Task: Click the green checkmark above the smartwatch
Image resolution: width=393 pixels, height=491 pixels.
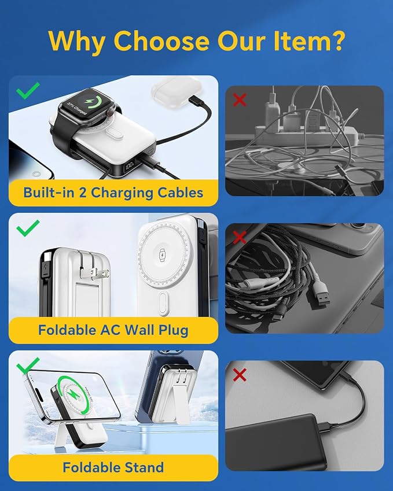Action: click(28, 90)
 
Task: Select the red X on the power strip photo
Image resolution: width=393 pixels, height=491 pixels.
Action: click(240, 100)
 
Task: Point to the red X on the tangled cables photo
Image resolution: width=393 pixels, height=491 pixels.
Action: click(240, 237)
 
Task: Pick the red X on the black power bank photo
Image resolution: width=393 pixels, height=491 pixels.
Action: click(240, 375)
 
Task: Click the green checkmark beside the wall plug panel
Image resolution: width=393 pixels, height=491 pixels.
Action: click(28, 228)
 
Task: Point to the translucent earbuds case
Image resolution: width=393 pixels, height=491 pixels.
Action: click(176, 90)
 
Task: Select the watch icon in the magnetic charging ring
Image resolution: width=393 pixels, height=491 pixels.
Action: click(163, 255)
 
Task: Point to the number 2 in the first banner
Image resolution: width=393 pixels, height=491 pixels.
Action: click(82, 192)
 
